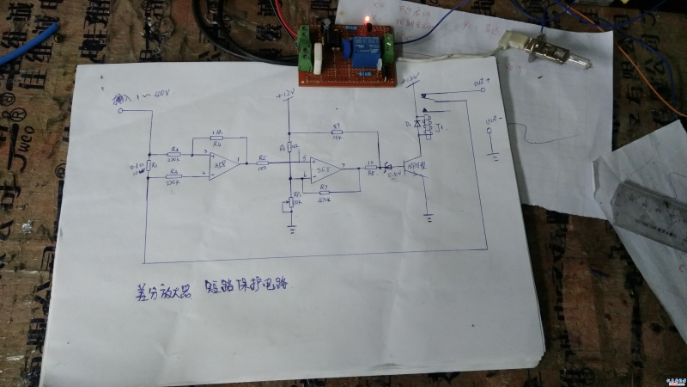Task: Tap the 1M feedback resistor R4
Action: (216, 138)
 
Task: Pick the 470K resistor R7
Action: (324, 192)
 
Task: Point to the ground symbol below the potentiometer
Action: (292, 227)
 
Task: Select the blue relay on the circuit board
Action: (359, 46)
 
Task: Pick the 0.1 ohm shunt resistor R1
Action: (149, 165)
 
